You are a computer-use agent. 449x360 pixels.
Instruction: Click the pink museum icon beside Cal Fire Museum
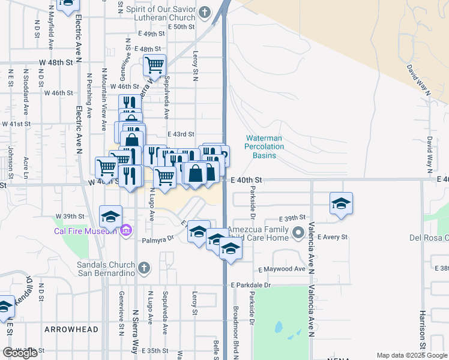click(125, 230)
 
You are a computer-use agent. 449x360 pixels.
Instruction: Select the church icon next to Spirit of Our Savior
click(205, 11)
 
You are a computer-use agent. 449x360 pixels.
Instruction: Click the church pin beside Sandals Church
click(143, 267)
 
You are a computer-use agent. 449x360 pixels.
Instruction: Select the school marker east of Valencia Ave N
click(341, 203)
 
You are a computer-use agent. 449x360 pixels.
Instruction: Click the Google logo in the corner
click(20, 353)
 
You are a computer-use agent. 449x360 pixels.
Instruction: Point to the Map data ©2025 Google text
click(412, 355)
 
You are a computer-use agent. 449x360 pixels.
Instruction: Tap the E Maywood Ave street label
click(283, 269)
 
